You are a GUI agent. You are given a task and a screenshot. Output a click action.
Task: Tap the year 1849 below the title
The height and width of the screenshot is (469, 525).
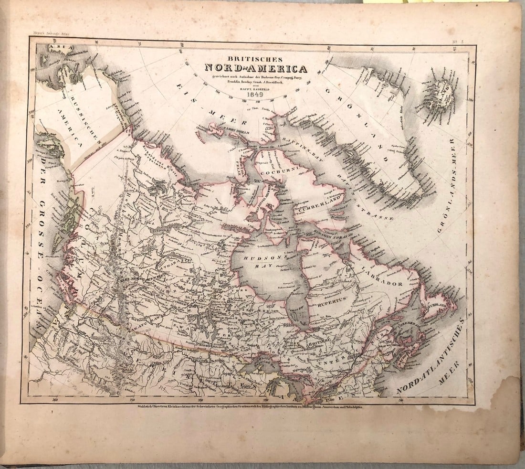[x=256, y=94]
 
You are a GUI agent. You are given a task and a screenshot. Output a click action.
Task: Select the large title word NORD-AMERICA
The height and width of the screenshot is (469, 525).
[x=256, y=68]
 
